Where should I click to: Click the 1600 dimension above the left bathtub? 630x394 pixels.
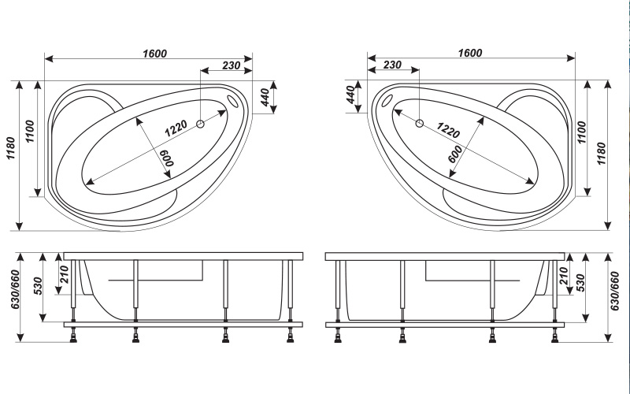coord(154,53)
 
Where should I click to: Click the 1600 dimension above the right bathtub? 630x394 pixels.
coord(470,53)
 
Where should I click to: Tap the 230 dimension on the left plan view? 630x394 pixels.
coord(232,65)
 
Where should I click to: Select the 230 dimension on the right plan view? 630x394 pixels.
coord(392,65)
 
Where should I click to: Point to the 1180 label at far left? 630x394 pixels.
coord(11,148)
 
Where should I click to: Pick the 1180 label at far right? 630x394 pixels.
coord(601,154)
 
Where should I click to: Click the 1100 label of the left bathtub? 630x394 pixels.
coord(30,132)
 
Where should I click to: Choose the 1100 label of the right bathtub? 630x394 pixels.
coord(581,132)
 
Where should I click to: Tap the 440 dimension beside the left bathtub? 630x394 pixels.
coord(265,97)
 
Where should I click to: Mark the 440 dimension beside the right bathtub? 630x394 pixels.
coord(350,95)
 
